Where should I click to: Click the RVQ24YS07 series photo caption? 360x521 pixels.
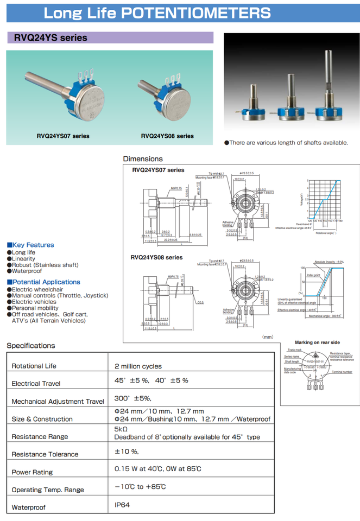click(62, 136)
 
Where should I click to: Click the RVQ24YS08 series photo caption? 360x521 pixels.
click(167, 136)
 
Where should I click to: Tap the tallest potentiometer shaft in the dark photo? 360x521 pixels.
click(328, 76)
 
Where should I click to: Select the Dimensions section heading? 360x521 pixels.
click(143, 159)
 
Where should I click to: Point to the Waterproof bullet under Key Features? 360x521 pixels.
click(27, 271)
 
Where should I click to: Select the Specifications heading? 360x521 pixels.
click(31, 346)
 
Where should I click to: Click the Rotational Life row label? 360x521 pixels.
click(34, 366)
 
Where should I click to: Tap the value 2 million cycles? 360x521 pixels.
click(138, 366)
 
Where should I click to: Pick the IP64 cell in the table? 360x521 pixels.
click(122, 505)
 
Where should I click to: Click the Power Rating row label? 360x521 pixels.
click(32, 472)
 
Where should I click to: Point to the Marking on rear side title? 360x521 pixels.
click(317, 342)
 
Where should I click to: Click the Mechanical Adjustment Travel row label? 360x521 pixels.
click(58, 402)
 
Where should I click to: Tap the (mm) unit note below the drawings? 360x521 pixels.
click(268, 336)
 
